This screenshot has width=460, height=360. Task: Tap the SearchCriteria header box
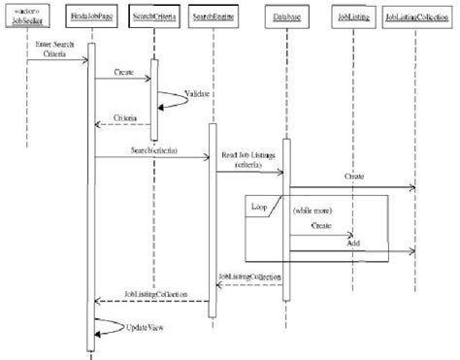click(153, 17)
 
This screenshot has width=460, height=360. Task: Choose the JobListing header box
click(350, 17)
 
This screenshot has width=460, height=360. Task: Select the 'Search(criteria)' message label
click(153, 150)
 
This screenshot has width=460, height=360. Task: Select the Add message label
click(354, 245)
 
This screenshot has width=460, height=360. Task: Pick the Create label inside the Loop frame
click(321, 225)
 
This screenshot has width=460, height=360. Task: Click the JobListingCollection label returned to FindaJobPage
click(155, 293)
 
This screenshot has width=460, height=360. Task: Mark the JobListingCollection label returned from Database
click(248, 277)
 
